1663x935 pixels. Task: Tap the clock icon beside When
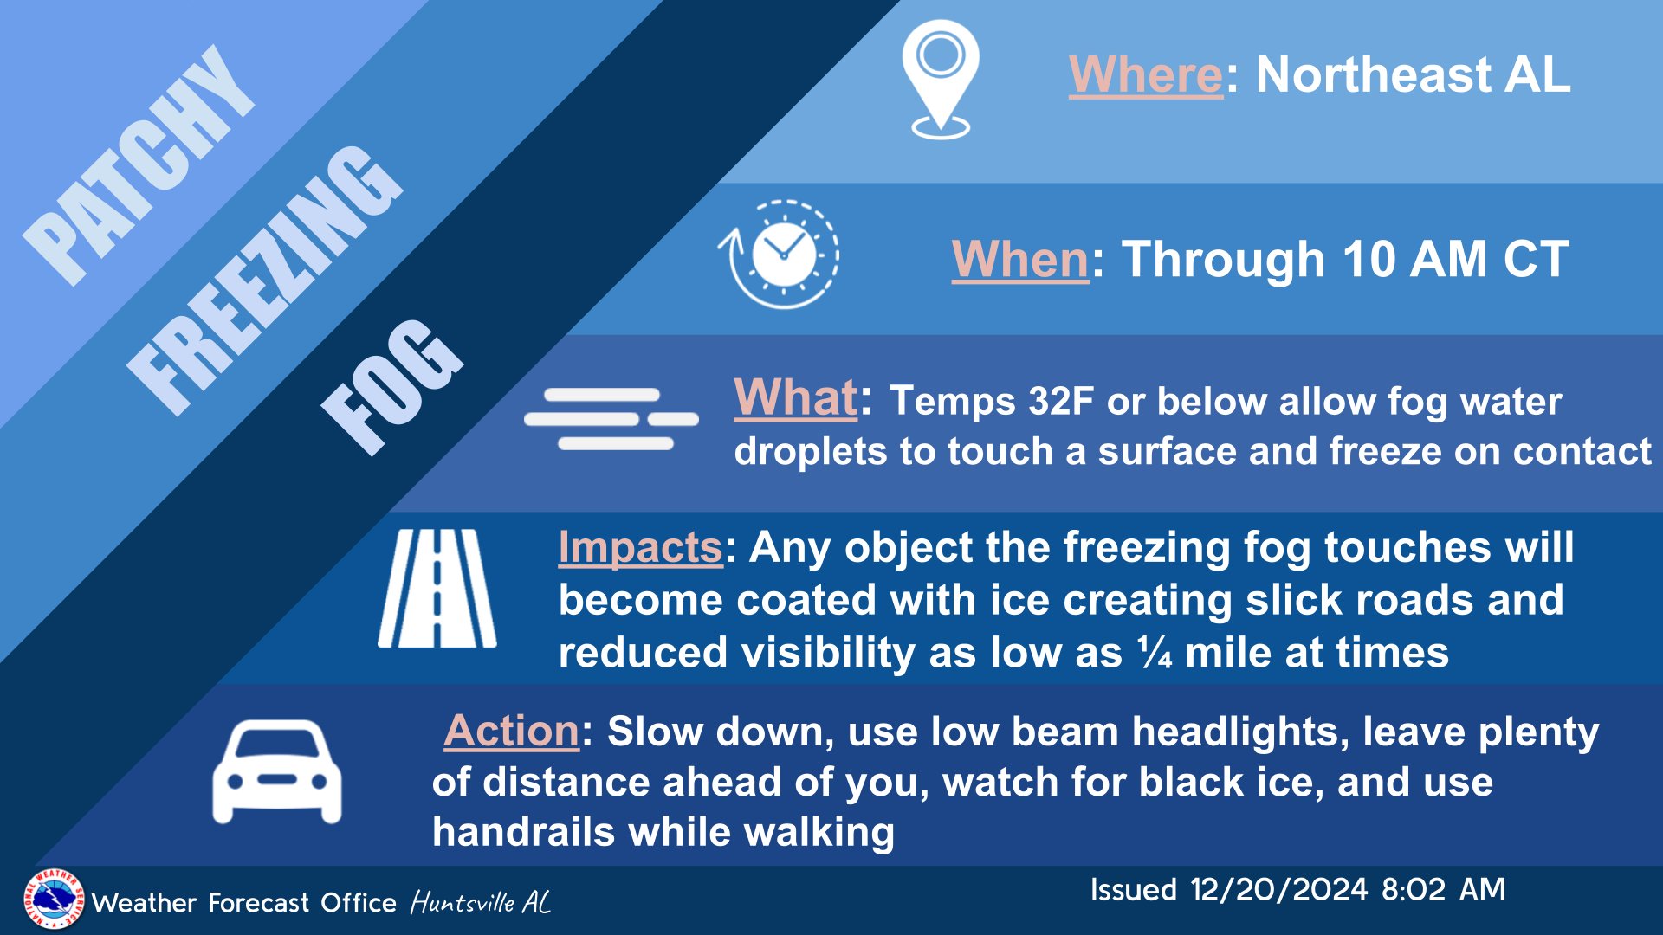pos(780,254)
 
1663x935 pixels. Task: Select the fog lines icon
pos(611,419)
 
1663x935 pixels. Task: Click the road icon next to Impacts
pos(437,589)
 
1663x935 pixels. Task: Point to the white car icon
pos(277,771)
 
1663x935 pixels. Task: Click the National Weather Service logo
pos(54,900)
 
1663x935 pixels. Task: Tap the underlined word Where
pos(1145,74)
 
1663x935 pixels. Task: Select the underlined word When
pos(1019,259)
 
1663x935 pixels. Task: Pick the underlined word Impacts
pos(640,547)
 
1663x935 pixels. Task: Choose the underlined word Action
pos(511,731)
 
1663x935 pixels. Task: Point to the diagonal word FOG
pos(391,387)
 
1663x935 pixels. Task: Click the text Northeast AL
pos(1414,74)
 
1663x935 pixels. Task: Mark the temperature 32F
pos(1061,401)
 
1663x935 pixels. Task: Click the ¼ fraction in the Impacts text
pos(1155,652)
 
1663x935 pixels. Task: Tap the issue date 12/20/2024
pos(1278,889)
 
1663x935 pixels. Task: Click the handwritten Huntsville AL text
pos(481,903)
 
